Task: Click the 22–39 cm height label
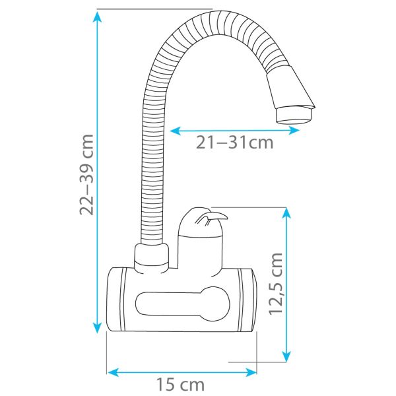(86, 175)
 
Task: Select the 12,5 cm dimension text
(276, 283)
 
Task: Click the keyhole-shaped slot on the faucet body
(185, 304)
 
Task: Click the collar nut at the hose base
(152, 257)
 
